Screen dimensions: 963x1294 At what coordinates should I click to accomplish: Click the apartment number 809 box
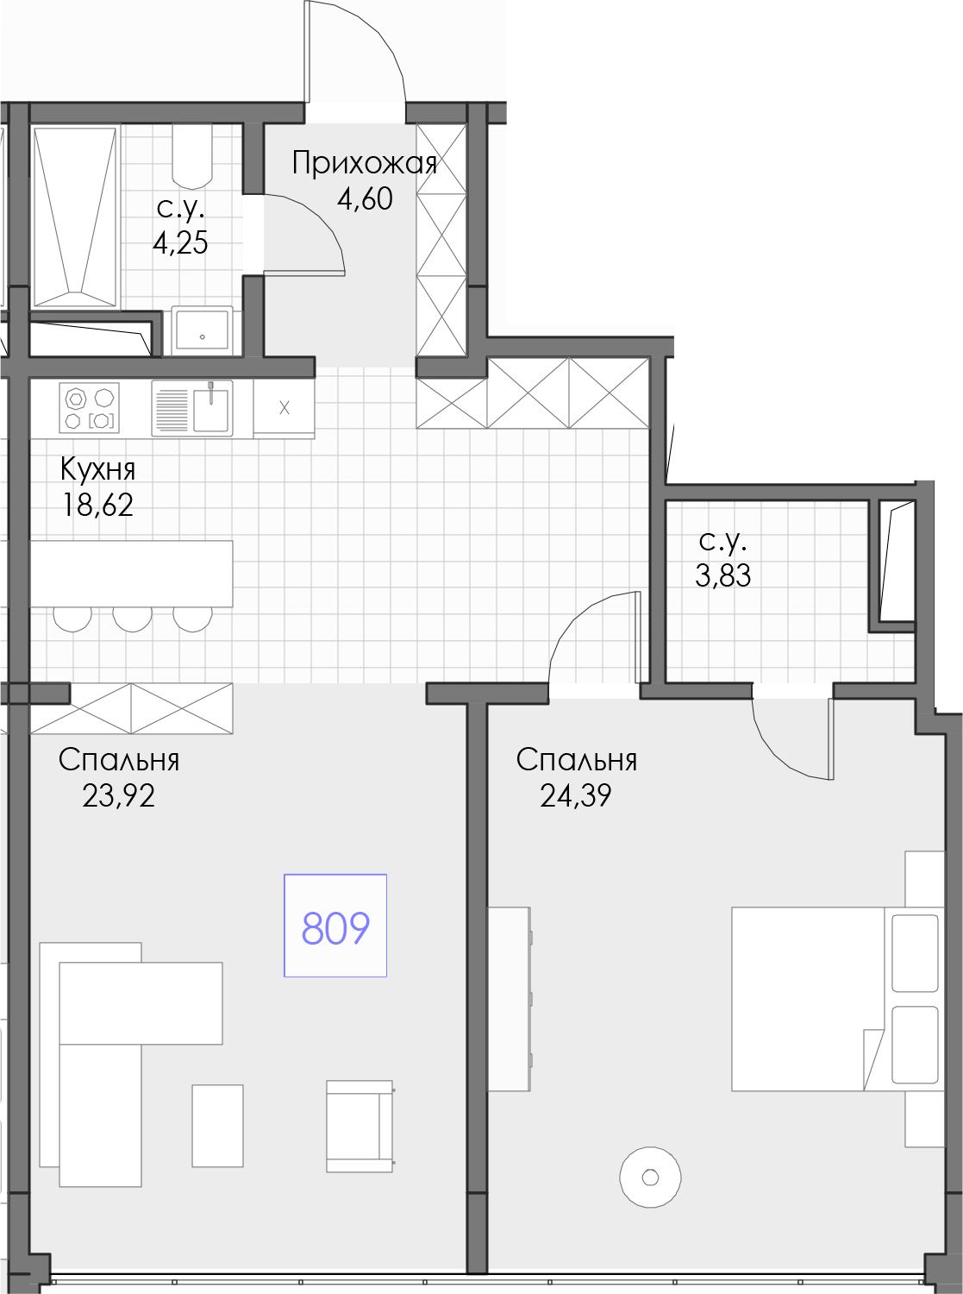[335, 926]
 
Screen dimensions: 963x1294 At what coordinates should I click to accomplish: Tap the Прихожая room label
[365, 164]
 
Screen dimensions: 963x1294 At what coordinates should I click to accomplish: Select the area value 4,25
[180, 243]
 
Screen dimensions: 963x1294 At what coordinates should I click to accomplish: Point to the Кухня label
[98, 469]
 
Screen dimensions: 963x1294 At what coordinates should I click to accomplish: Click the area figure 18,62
[98, 506]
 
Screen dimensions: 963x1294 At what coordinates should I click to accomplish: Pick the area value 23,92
[118, 795]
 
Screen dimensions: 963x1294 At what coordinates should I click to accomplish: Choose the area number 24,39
[576, 795]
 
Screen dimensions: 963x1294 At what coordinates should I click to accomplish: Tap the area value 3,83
[722, 575]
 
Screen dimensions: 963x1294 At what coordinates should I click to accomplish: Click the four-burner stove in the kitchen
[90, 407]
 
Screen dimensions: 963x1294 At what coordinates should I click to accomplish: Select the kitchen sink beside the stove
[192, 408]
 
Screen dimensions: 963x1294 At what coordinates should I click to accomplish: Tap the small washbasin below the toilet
[203, 330]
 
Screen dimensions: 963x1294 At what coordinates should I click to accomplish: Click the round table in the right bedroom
[650, 1178]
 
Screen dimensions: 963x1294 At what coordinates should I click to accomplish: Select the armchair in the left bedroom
[360, 1126]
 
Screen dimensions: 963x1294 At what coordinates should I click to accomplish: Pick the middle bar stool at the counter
[133, 619]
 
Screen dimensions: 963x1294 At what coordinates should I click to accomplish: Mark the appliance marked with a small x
[284, 408]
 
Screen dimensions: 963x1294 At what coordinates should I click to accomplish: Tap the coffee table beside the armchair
[217, 1125]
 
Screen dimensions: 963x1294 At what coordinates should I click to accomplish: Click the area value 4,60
[365, 199]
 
